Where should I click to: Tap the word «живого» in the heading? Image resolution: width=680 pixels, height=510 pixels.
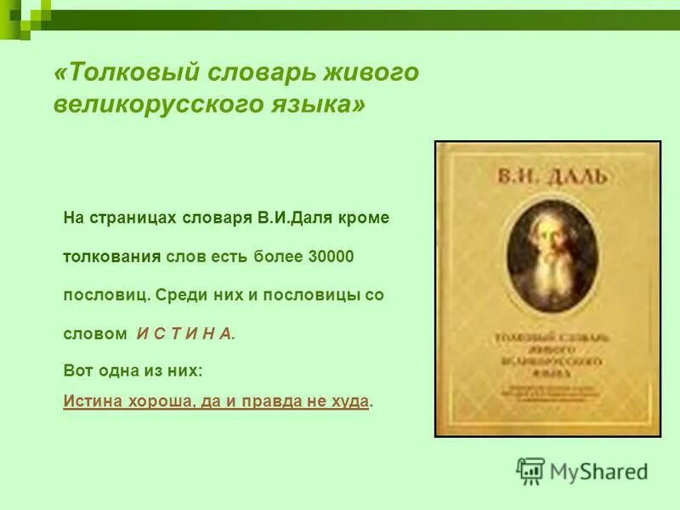click(375, 73)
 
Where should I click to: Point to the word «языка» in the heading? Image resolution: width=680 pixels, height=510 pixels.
click(317, 105)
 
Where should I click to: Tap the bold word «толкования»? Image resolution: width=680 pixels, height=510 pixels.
click(112, 256)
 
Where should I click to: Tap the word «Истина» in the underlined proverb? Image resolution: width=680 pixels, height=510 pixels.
click(91, 401)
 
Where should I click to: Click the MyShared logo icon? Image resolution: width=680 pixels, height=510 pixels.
click(530, 470)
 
